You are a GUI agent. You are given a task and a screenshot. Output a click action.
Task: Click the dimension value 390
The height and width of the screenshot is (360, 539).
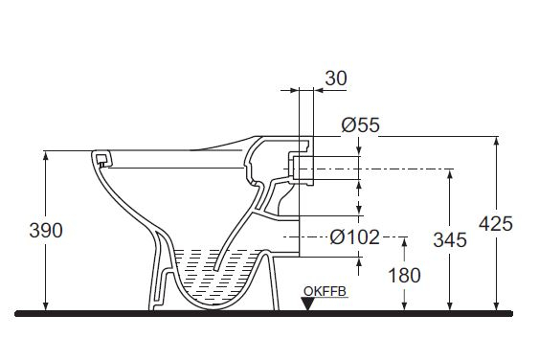tap(46, 230)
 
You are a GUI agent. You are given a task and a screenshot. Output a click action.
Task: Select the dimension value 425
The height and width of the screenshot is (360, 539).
tap(496, 223)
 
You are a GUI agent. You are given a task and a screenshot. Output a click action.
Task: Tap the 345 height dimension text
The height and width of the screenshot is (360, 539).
tap(448, 239)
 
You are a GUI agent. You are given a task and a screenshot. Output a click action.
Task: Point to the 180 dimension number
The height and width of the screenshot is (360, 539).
tap(405, 276)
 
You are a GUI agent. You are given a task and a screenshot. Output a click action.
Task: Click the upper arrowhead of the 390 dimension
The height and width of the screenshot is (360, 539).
tap(46, 156)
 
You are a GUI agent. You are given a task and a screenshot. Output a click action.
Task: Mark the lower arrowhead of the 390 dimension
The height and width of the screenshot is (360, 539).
tap(46, 305)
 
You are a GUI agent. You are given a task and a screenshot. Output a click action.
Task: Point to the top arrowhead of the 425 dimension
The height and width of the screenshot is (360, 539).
tap(496, 142)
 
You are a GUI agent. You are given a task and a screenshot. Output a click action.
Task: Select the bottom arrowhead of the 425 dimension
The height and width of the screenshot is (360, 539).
tap(496, 305)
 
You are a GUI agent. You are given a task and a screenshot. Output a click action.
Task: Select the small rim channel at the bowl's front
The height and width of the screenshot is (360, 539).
tap(101, 159)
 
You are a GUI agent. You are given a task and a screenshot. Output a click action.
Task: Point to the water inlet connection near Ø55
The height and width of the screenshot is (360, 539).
tap(304, 169)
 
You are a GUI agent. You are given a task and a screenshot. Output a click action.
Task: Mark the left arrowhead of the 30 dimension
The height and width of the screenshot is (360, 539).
tap(292, 92)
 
